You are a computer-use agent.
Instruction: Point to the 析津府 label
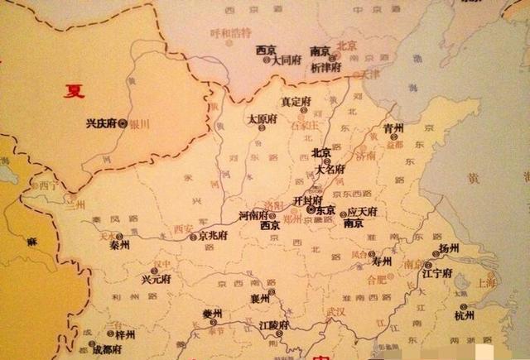point(325,67)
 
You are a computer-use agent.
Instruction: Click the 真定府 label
point(296,102)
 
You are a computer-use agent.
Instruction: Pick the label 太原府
point(263,119)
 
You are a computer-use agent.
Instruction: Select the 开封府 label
point(307,201)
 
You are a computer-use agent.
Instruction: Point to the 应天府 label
point(362,212)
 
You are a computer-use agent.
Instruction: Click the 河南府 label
point(253,215)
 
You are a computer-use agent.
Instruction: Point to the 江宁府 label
point(437,273)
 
